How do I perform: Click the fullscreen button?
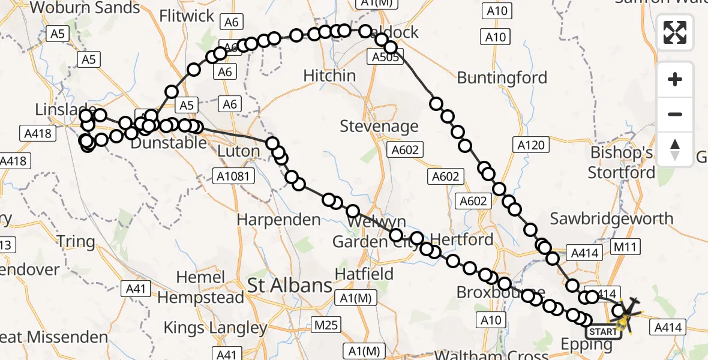pyautogui.click(x=675, y=32)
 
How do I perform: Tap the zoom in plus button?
pyautogui.click(x=675, y=80)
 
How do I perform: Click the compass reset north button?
pyautogui.click(x=675, y=149)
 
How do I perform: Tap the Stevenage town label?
pyautogui.click(x=379, y=127)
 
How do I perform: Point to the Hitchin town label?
pyautogui.click(x=329, y=76)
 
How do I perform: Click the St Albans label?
pyautogui.click(x=290, y=286)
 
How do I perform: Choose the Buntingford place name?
pyautogui.click(x=502, y=78)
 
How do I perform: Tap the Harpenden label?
pyautogui.click(x=278, y=220)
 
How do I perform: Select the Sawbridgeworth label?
pyautogui.click(x=611, y=218)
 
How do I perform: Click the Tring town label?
pyautogui.click(x=76, y=242)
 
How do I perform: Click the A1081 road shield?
pyautogui.click(x=234, y=176)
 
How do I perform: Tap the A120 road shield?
pyautogui.click(x=531, y=145)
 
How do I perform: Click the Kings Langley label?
pyautogui.click(x=215, y=328)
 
